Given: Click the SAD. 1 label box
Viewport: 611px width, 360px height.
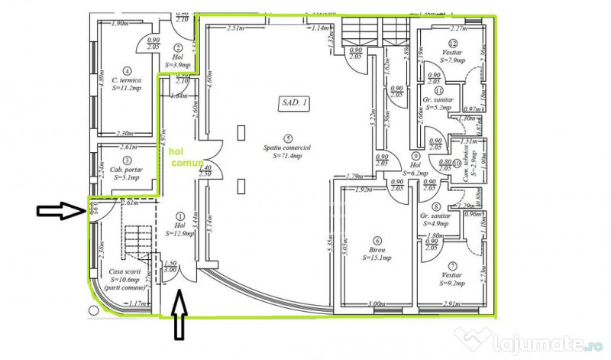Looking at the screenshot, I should click(294, 100).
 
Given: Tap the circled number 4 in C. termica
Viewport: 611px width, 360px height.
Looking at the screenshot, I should click(126, 70).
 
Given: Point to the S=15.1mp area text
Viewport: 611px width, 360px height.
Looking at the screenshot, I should click(377, 258).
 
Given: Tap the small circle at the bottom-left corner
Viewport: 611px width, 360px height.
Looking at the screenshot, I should click(93, 310).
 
